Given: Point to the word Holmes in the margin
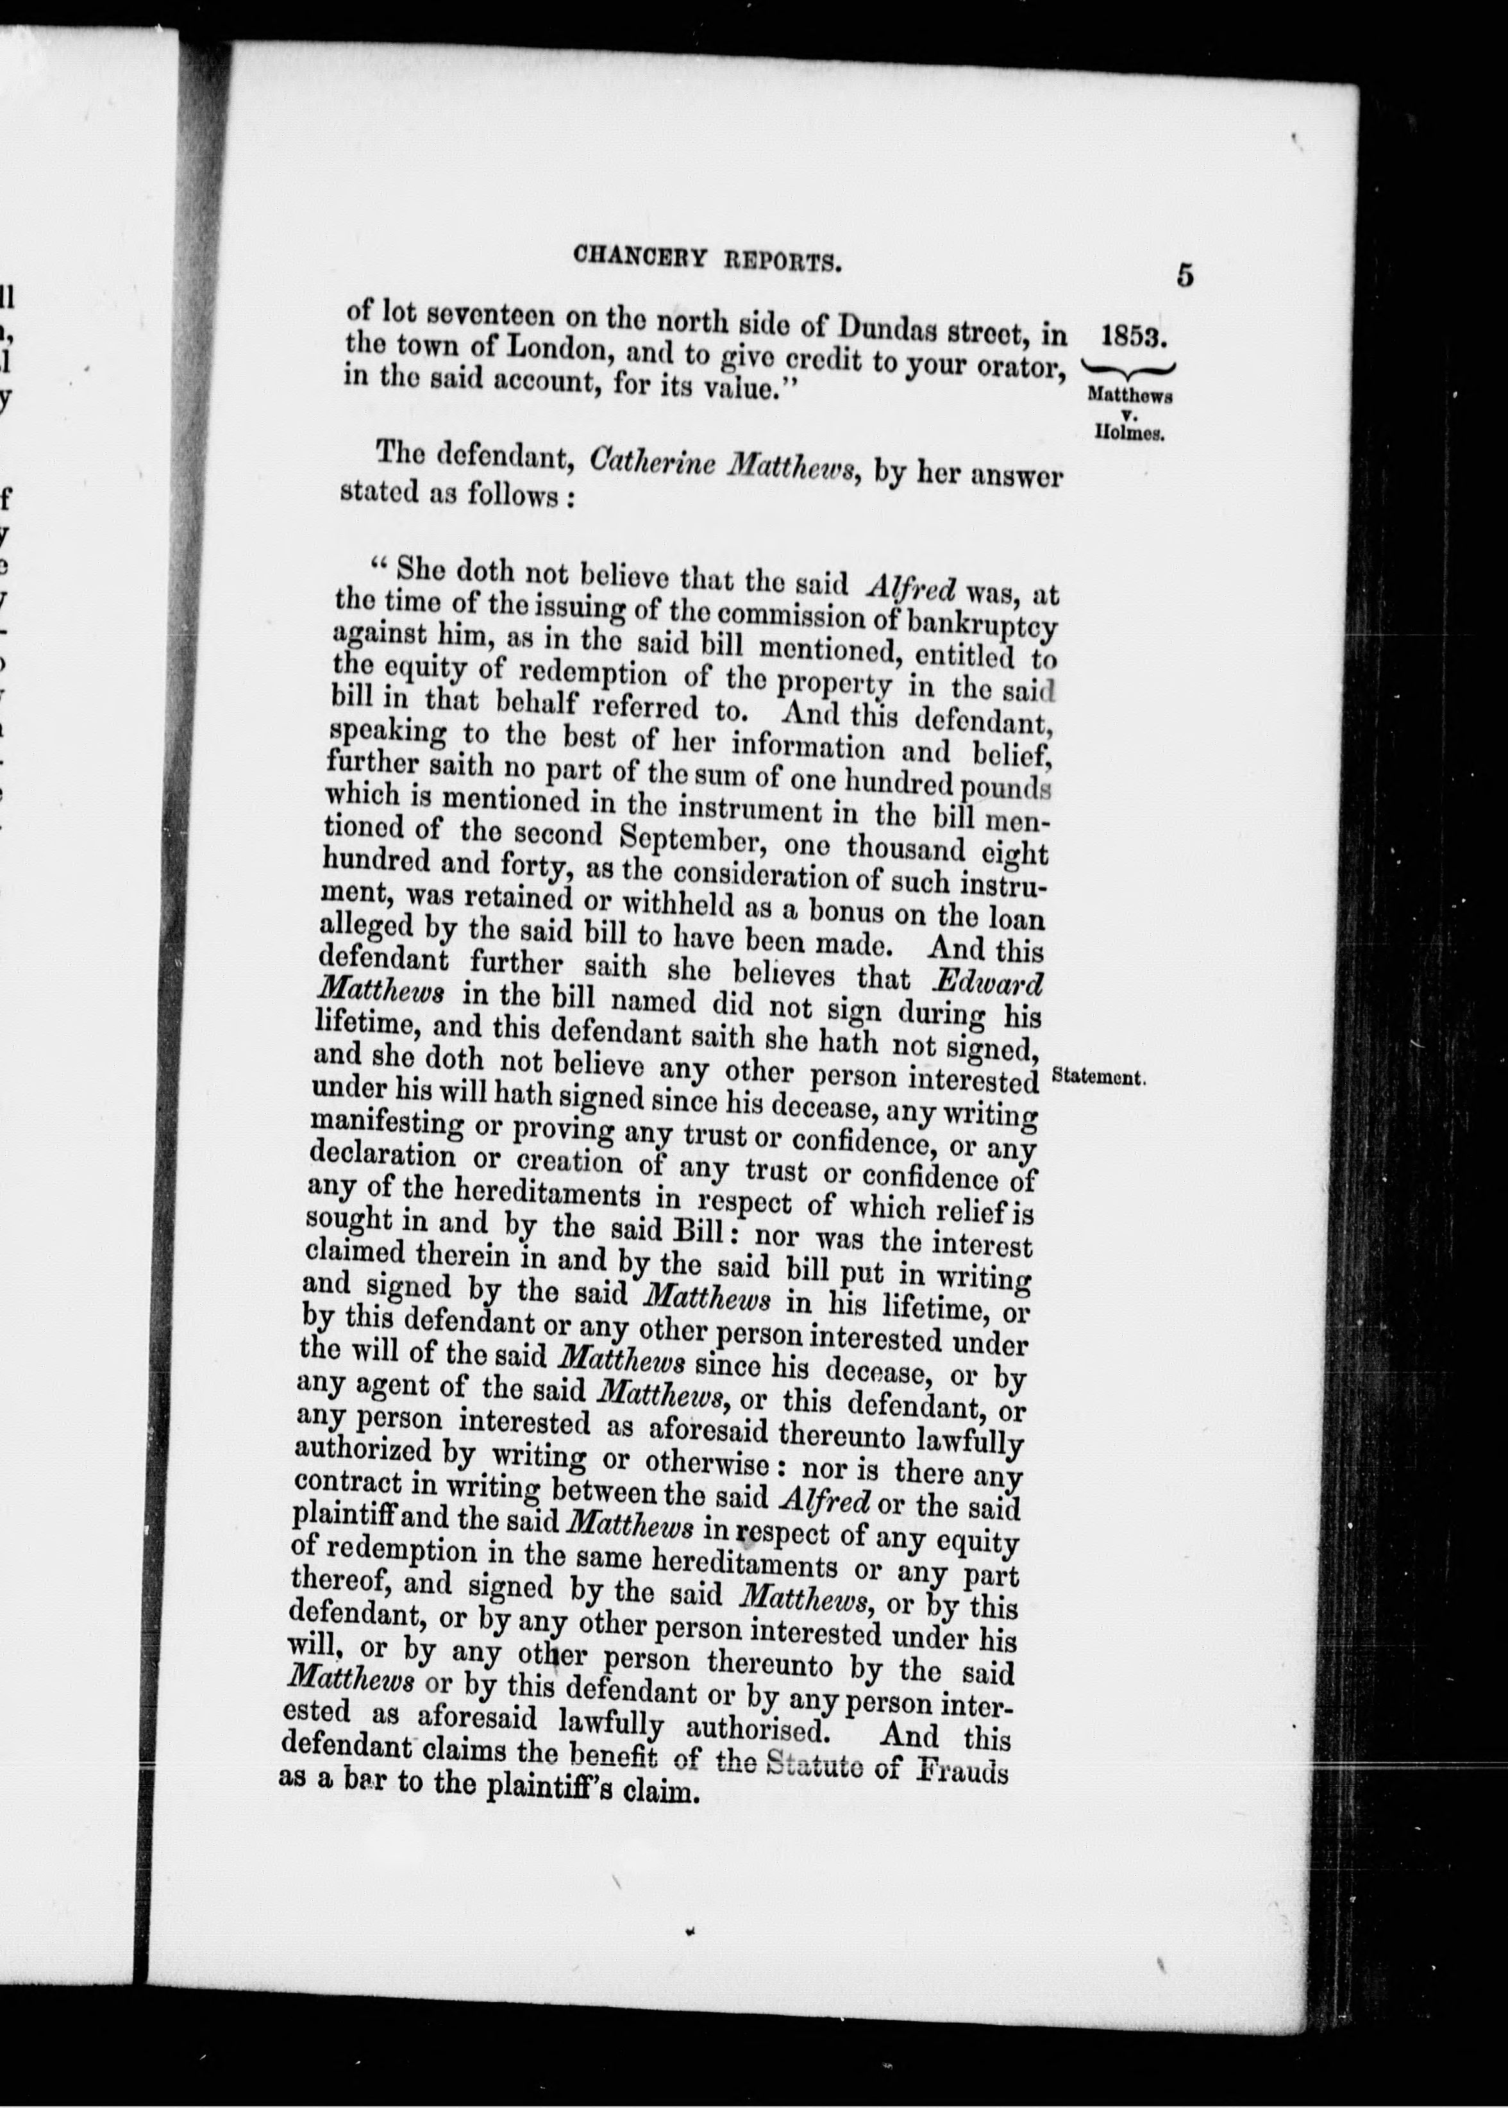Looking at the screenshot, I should coord(1129,433).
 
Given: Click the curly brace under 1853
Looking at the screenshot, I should coord(1129,367).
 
